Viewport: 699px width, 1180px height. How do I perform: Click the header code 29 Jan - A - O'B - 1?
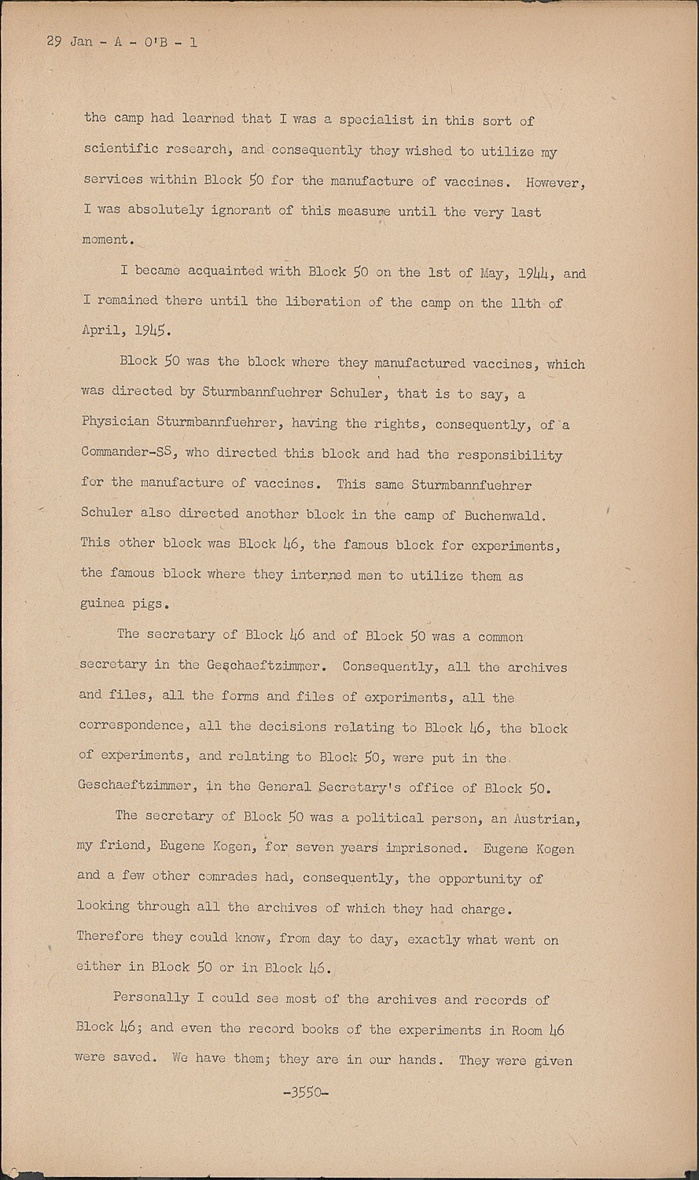click(122, 42)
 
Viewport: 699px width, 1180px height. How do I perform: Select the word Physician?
click(115, 422)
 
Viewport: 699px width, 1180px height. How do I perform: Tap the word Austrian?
click(546, 818)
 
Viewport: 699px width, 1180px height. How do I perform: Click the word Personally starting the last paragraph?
click(150, 998)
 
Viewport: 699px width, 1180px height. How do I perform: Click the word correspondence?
click(133, 726)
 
